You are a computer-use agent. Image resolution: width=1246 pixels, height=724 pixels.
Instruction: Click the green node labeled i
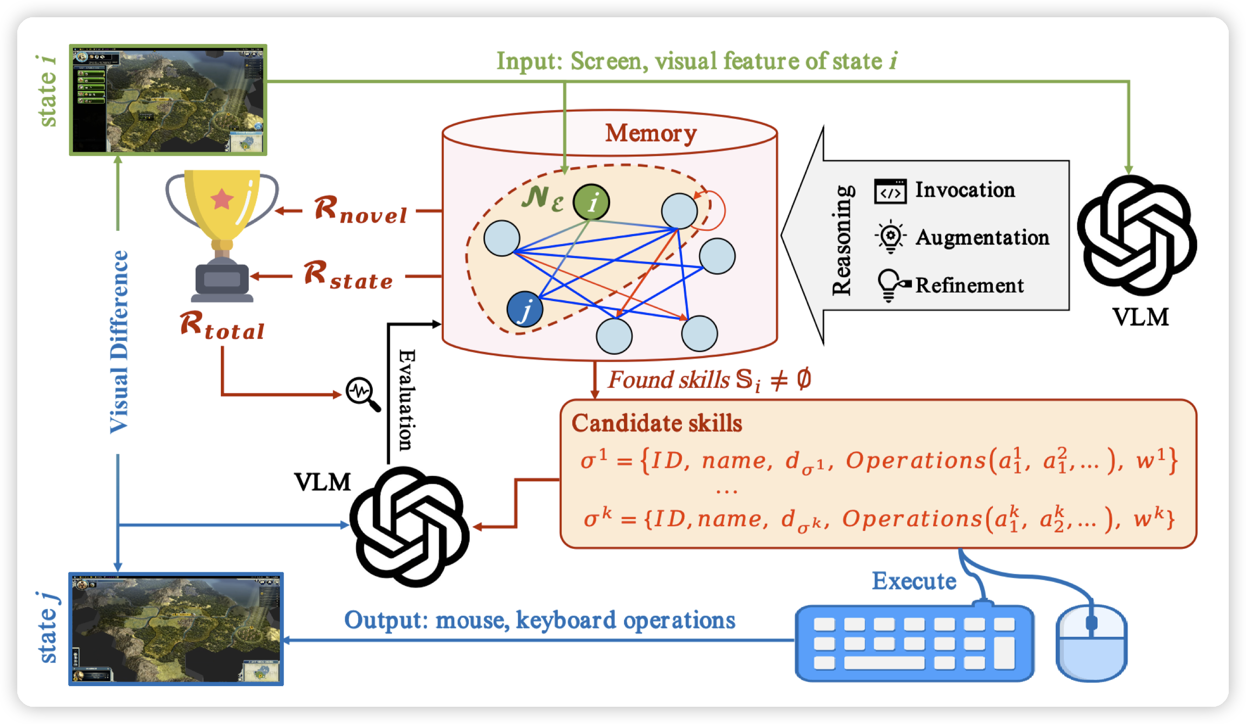591,202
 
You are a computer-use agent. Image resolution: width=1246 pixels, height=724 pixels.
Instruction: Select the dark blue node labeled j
525,309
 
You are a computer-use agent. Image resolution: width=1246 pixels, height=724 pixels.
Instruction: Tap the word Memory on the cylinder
651,133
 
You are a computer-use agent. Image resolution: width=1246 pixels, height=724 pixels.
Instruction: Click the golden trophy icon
222,232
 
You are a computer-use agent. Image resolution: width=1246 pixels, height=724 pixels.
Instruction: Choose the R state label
348,275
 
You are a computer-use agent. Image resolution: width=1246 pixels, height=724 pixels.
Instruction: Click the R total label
222,326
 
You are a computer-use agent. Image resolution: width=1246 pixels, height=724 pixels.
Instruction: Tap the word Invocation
965,190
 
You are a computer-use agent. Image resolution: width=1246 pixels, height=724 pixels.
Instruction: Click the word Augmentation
982,238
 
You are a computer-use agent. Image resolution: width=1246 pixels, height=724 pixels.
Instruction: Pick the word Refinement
969,286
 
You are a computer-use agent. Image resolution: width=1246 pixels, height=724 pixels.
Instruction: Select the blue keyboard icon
914,643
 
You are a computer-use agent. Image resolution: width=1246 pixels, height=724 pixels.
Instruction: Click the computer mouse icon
1091,643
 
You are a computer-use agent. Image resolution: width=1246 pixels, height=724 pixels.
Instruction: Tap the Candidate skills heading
657,423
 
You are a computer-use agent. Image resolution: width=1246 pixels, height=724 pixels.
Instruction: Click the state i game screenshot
168,100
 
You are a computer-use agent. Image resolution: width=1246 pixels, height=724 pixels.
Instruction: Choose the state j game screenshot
176,629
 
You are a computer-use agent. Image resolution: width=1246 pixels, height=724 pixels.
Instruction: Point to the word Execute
914,581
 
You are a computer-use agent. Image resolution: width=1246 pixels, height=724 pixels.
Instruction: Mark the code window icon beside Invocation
890,191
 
